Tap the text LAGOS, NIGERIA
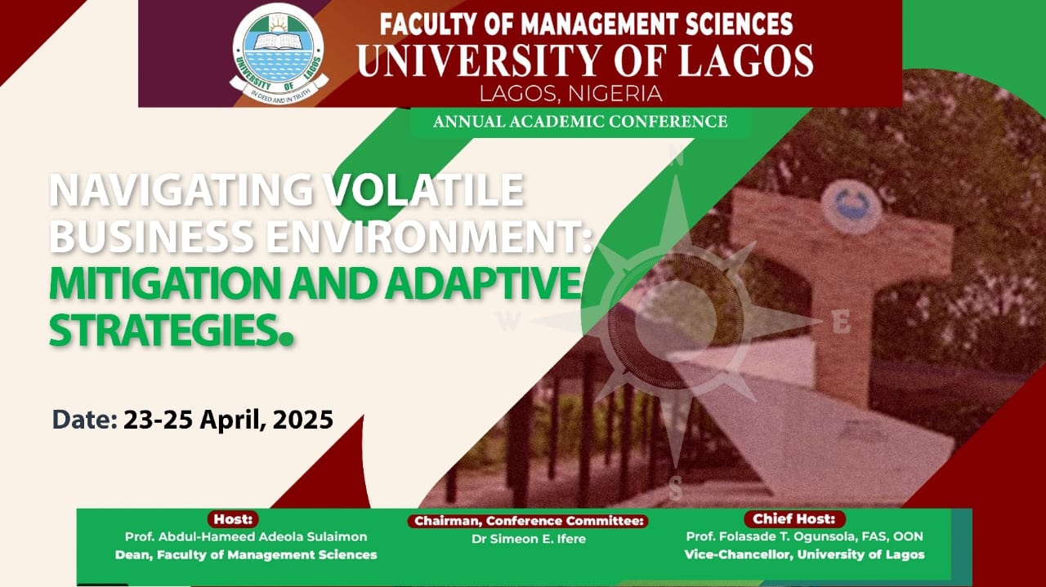pos(570,93)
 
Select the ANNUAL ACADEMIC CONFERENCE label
pos(580,122)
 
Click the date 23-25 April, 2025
pos(228,420)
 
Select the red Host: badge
pos(235,519)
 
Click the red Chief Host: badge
pos(793,519)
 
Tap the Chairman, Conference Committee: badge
pos(529,521)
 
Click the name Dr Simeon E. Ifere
pos(529,539)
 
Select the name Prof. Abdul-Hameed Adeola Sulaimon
pos(246,536)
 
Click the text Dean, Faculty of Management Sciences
pos(246,554)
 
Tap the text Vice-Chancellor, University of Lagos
pos(804,554)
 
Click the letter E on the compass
pos(841,323)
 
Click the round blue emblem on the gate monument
pos(851,207)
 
